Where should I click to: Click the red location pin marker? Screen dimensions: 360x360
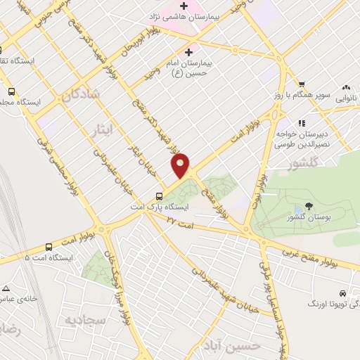181,165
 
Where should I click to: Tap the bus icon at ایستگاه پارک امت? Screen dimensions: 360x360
160,197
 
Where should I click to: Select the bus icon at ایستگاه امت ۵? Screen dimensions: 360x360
49,247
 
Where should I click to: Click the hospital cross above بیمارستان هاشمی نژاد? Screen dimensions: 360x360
184,6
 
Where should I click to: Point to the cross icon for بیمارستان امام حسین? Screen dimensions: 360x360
188,52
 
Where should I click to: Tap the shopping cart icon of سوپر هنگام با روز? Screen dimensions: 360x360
301,84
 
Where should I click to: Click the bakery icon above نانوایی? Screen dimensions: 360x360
345,88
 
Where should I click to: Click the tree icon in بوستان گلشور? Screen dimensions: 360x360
309,206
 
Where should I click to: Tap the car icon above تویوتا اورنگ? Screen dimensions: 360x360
342,292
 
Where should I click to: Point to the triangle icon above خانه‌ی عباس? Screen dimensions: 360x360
6,288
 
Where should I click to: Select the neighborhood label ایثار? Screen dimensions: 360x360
103,129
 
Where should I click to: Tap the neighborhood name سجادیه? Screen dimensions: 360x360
85,321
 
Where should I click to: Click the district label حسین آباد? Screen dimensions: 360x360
240,345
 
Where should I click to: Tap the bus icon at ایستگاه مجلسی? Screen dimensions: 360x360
11,91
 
